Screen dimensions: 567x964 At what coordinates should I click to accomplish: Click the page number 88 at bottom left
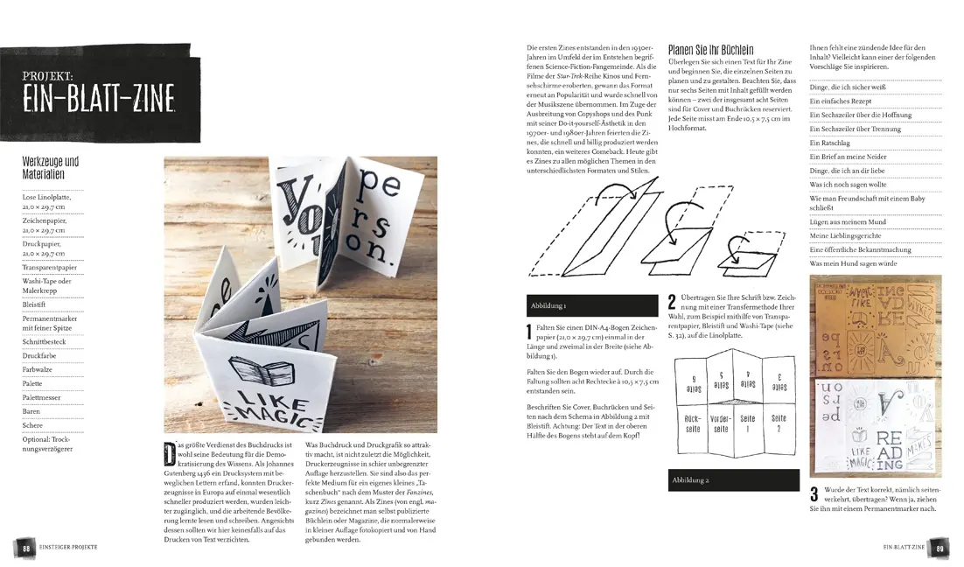26,548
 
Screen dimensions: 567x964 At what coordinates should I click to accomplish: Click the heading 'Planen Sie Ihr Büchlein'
710,51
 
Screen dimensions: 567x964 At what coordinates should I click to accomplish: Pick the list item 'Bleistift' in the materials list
35,304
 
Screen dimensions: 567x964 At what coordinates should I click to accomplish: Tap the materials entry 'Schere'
32,424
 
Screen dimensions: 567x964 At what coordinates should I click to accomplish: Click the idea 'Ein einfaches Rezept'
840,101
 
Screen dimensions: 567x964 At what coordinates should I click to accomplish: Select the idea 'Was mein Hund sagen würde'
855,263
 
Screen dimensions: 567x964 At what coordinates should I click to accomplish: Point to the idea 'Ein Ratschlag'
829,143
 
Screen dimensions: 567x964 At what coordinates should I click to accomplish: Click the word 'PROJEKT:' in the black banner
50,77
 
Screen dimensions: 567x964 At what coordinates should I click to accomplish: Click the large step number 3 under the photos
814,494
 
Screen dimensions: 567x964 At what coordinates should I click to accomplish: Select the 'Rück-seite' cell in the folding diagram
692,423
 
